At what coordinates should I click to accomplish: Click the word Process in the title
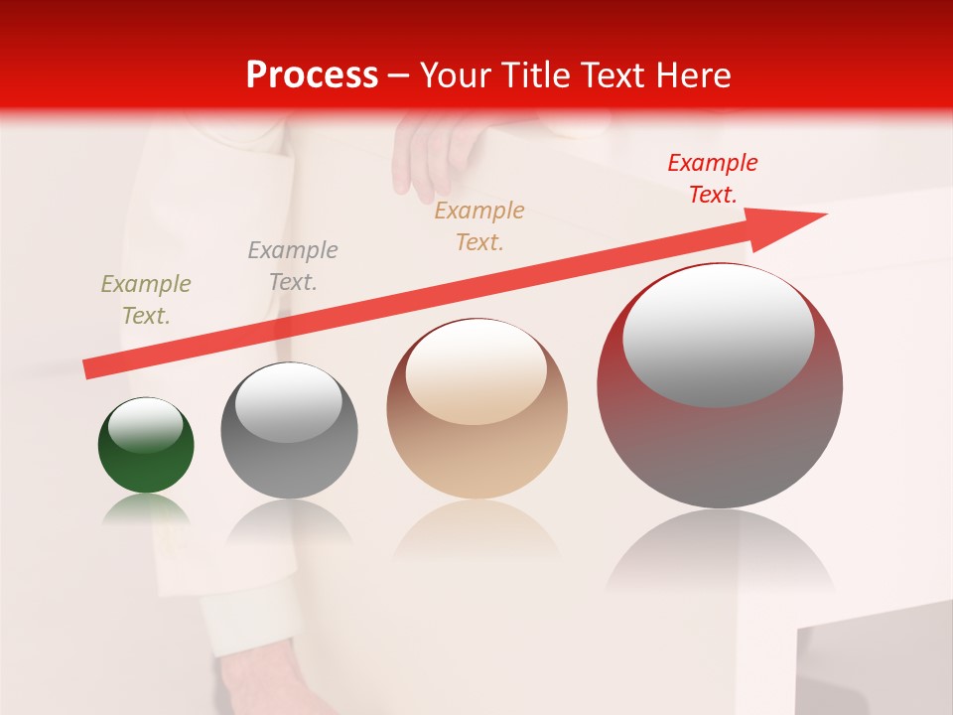click(312, 74)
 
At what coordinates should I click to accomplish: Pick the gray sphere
click(289, 462)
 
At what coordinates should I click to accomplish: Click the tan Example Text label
click(479, 226)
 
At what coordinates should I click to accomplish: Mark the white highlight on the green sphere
click(145, 425)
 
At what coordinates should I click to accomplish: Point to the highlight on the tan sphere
click(476, 372)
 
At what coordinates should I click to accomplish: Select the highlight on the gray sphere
click(288, 402)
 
